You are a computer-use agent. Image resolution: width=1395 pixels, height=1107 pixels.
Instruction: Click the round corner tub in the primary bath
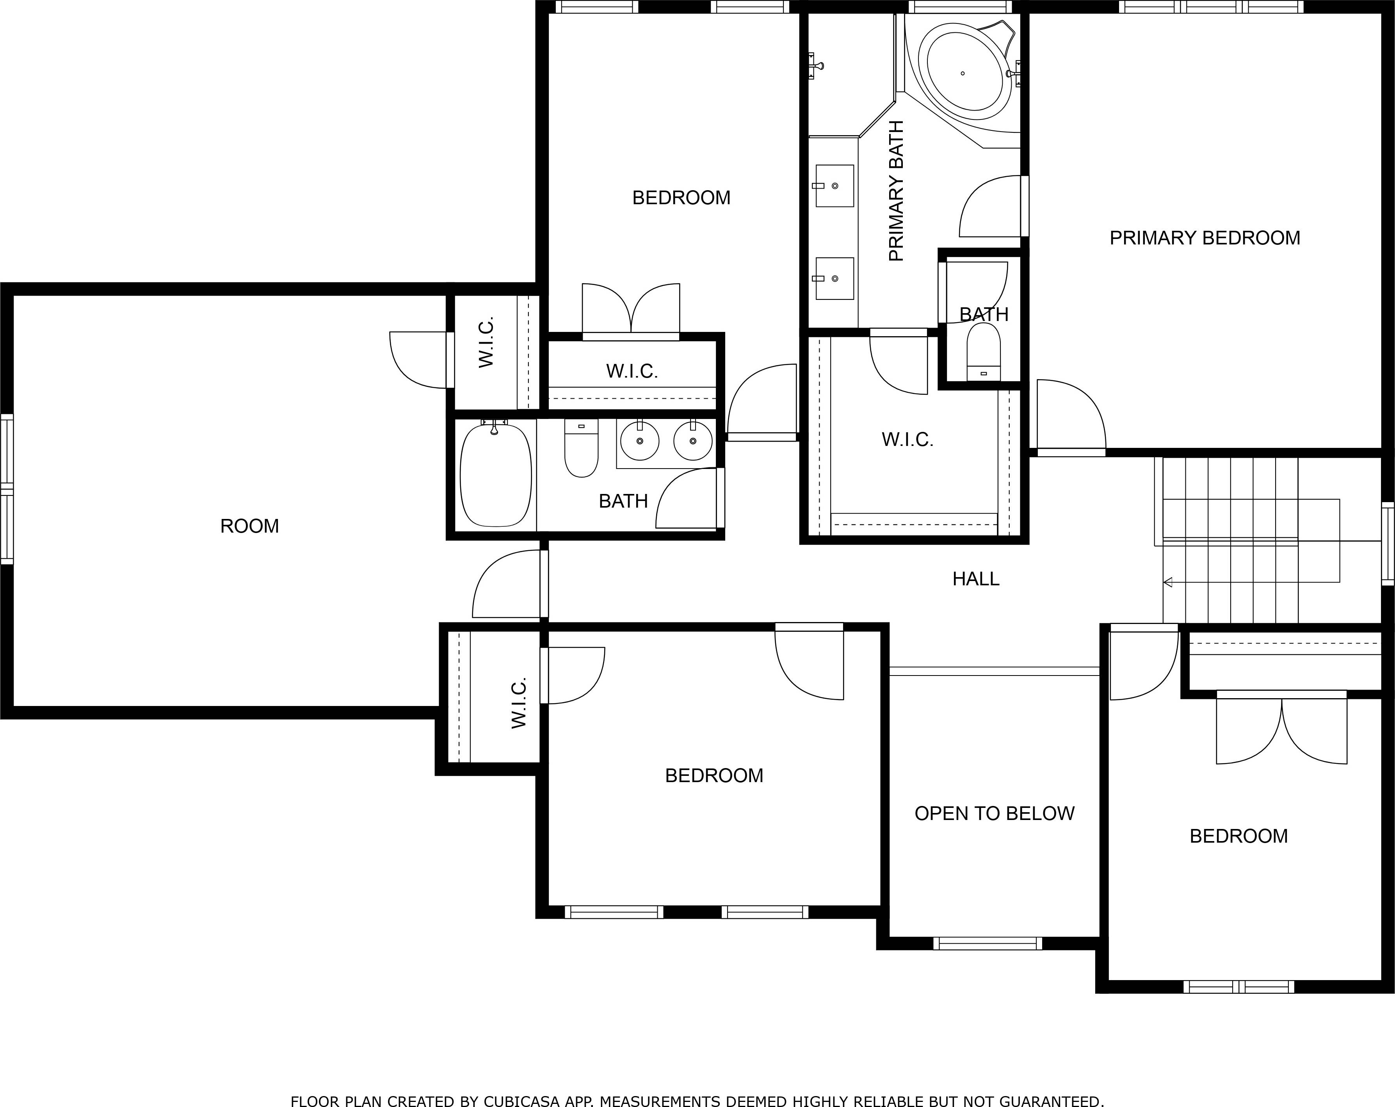[964, 73]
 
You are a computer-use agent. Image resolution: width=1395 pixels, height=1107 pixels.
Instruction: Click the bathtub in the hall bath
[496, 476]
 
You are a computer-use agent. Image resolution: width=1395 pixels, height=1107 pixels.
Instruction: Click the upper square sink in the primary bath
[834, 186]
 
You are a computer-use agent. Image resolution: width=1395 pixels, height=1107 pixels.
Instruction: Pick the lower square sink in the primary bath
[834, 278]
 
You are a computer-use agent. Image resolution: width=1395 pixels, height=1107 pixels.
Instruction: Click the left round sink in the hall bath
[639, 441]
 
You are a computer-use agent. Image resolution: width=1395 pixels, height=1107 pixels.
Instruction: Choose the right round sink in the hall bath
[692, 441]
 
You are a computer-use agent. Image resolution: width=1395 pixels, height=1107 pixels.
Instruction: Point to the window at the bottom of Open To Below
[988, 944]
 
